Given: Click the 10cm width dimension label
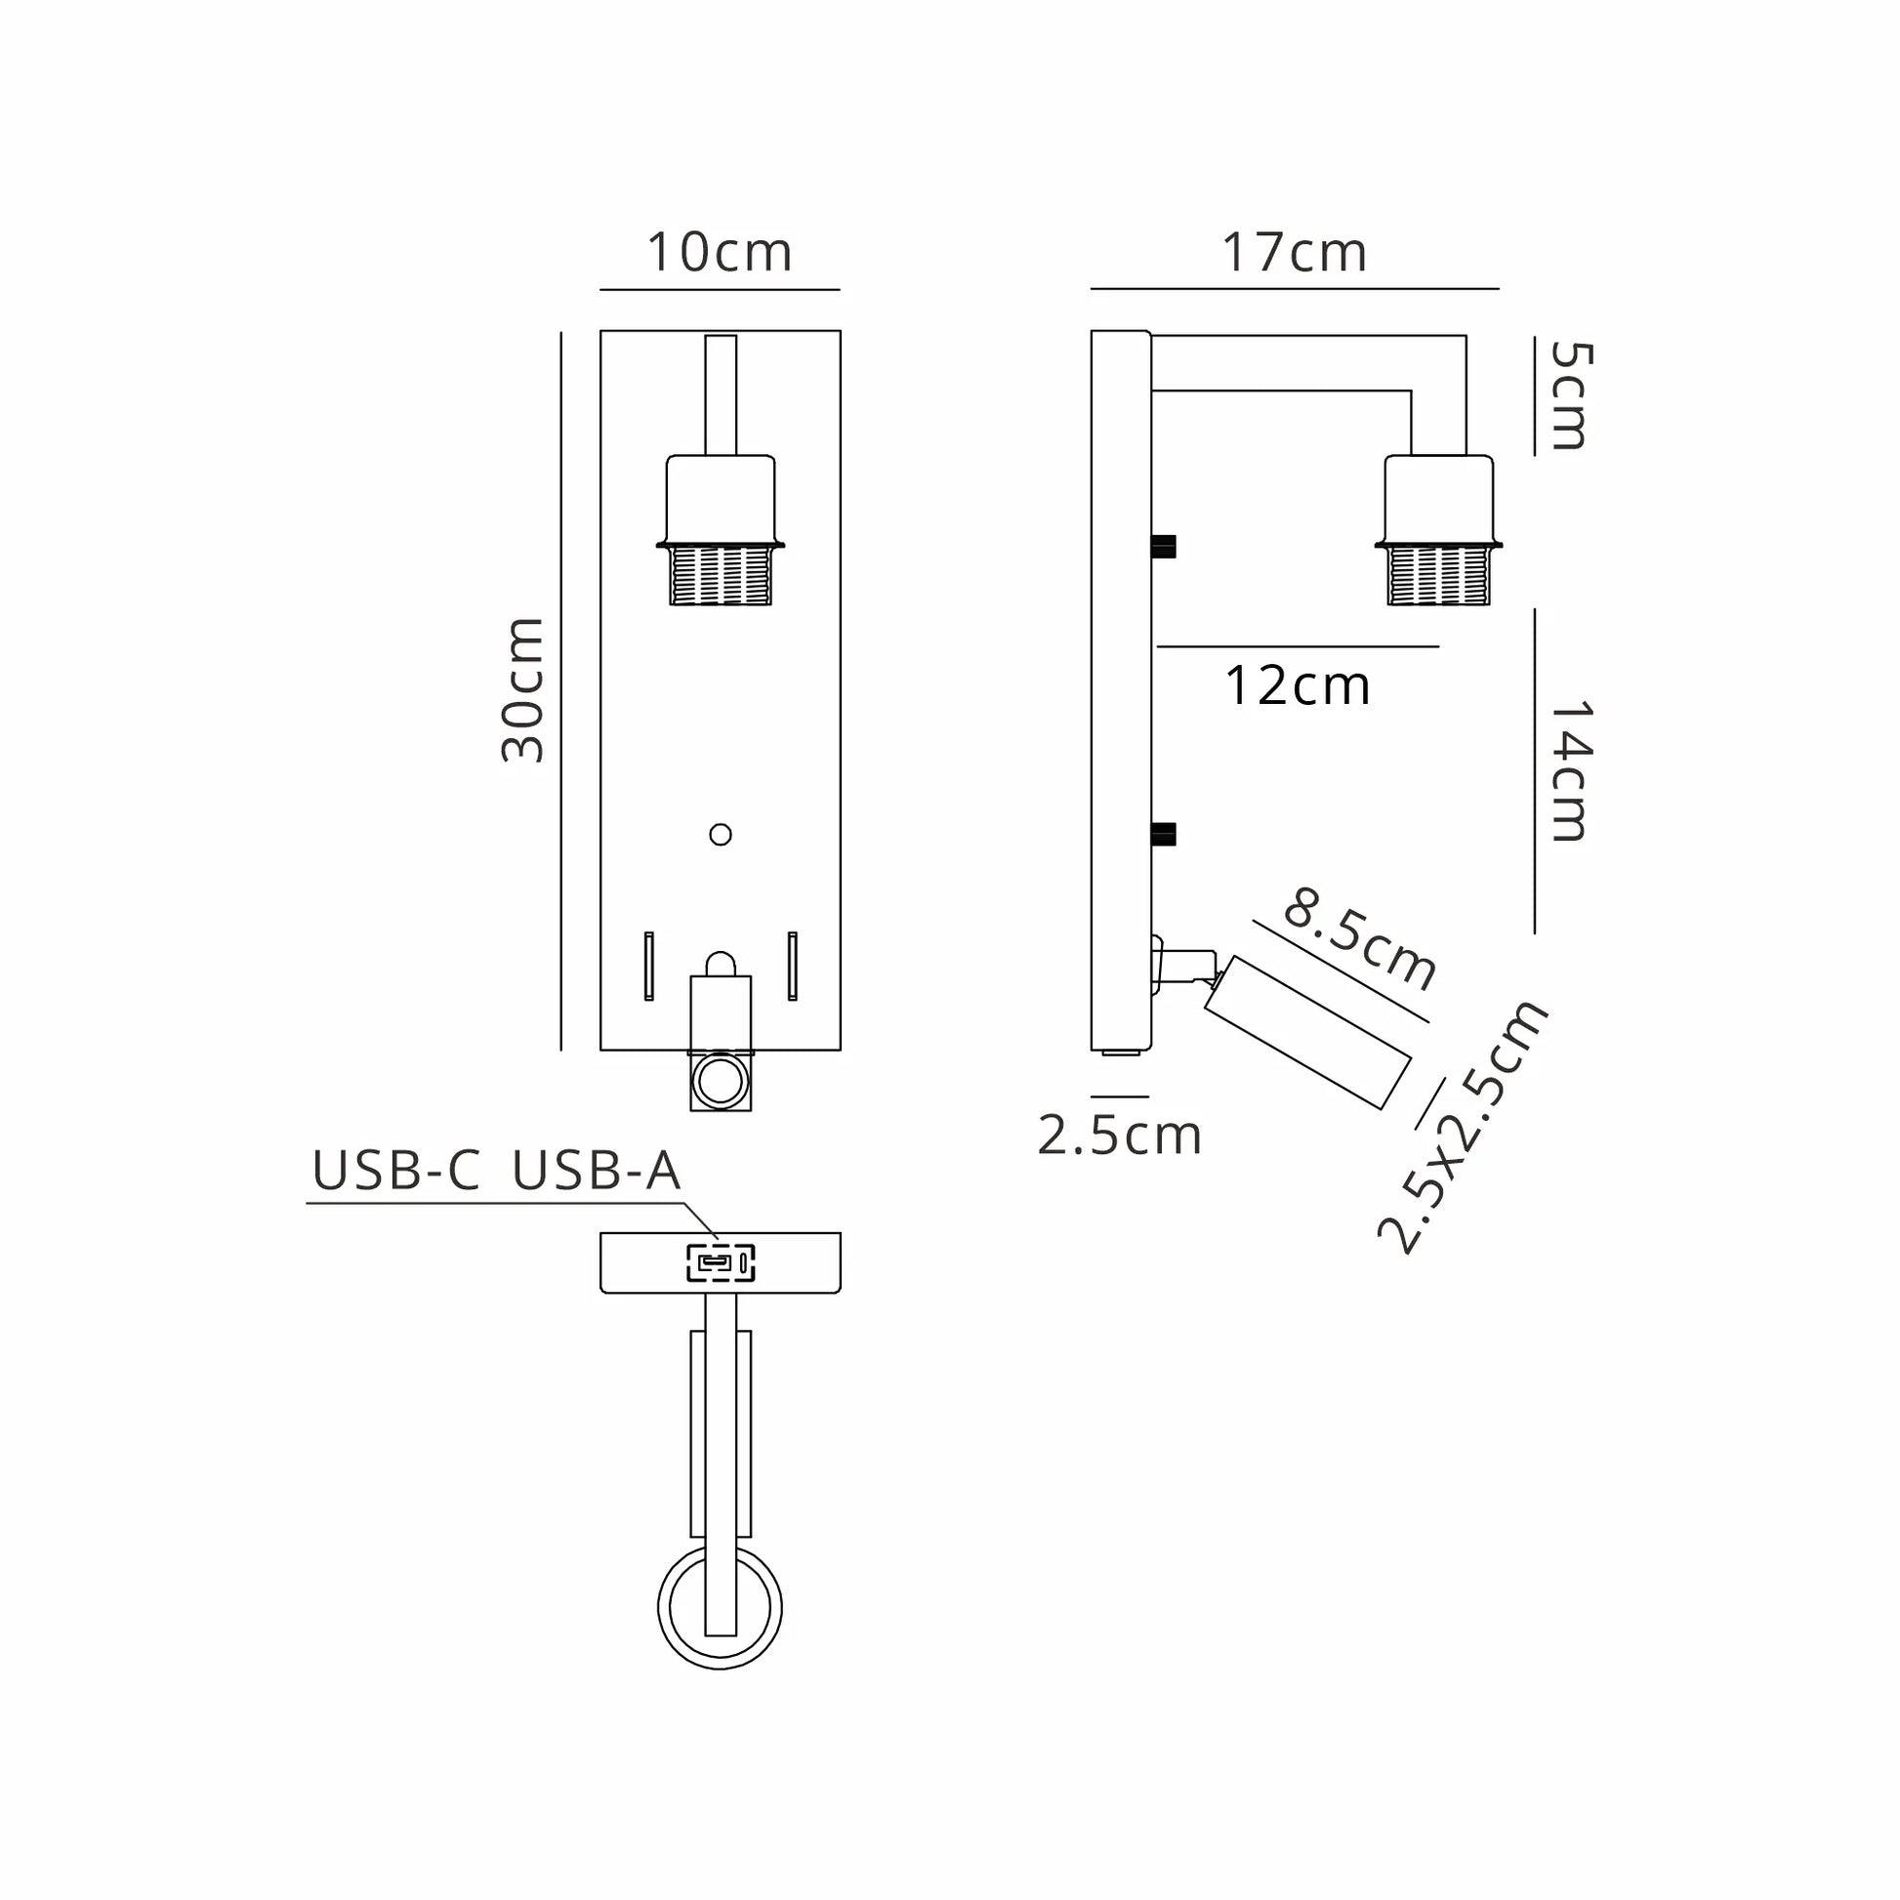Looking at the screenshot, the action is [719, 253].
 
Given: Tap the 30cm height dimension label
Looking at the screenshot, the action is [522, 689].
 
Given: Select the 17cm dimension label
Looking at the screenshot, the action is [1295, 253].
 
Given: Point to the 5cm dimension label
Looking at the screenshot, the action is [1570, 395].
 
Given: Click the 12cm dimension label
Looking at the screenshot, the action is [1298, 685].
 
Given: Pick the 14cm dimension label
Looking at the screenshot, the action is [1570, 771].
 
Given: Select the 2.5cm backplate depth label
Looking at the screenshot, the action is [1119, 1136].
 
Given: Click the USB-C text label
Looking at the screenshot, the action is [396, 1171].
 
